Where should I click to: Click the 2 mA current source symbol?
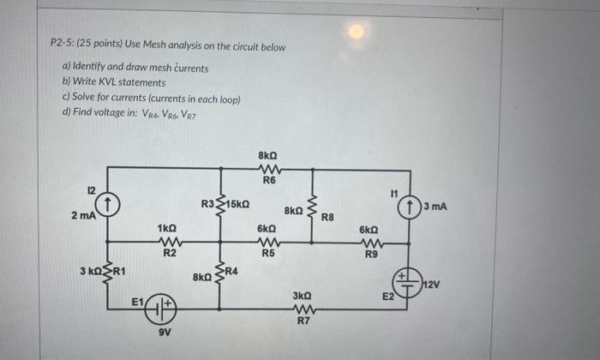click(108, 204)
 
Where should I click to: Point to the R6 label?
click(268, 181)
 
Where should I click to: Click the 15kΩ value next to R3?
click(237, 204)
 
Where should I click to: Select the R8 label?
click(327, 218)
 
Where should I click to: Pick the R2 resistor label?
click(170, 253)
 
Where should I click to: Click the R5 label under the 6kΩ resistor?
click(267, 253)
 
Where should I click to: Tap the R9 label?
click(370, 254)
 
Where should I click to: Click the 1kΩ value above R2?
click(168, 229)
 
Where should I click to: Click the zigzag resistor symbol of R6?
click(268, 168)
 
